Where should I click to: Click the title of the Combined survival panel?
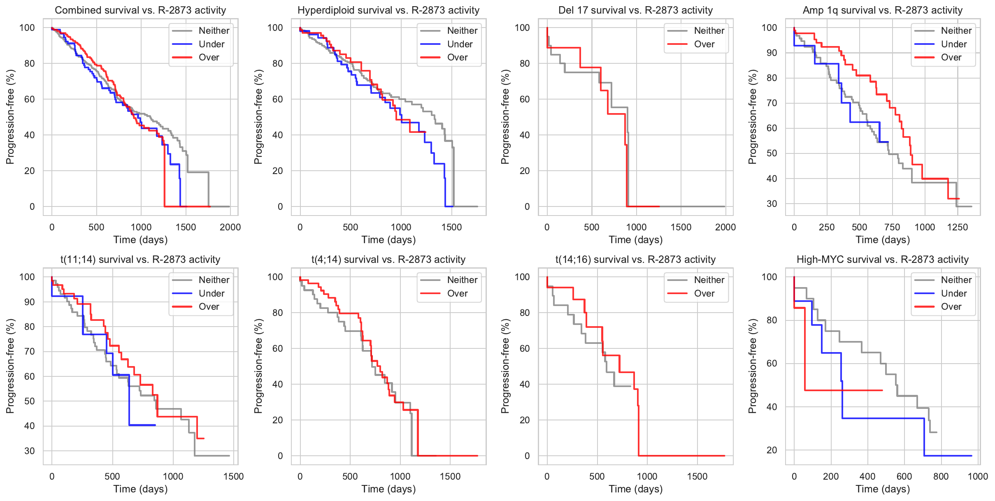tap(140, 10)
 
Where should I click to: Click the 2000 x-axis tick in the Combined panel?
tap(230, 227)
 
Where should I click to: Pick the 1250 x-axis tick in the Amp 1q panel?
tap(958, 227)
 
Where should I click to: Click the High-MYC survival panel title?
tap(883, 260)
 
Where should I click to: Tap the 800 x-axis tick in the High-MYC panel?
tap(941, 476)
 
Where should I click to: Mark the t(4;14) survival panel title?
tap(388, 260)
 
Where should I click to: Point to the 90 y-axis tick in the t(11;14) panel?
tap(30, 302)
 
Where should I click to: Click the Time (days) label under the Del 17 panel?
tap(636, 239)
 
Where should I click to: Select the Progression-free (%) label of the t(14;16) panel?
tap(505, 366)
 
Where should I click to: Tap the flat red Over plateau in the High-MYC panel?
tap(844, 390)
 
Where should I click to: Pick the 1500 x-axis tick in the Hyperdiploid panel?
tap(451, 227)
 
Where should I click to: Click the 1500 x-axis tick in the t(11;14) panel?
tap(233, 476)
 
